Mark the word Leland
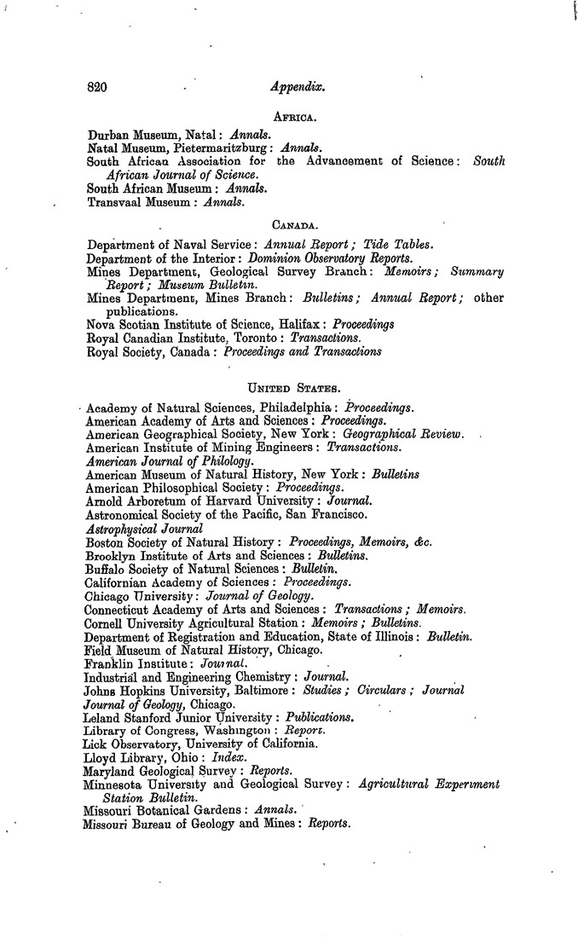click(107, 719)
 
